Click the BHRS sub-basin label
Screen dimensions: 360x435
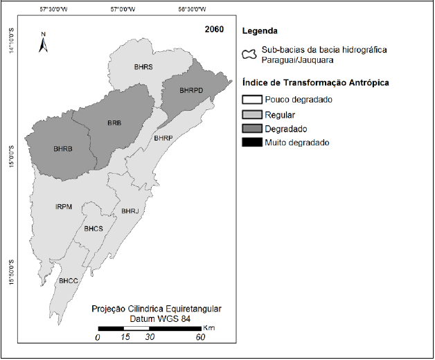143,66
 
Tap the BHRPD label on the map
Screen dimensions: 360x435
192,90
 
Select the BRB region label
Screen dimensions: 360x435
114,123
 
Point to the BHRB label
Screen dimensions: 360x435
63,149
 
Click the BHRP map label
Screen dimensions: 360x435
163,138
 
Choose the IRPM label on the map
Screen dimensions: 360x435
64,206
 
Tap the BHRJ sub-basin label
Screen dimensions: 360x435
130,210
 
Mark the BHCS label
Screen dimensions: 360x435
94,228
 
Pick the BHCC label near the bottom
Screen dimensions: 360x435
69,280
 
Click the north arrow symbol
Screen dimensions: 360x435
43,44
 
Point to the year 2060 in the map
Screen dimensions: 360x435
214,30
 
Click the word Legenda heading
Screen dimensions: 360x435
260,31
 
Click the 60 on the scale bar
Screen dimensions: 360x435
201,337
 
